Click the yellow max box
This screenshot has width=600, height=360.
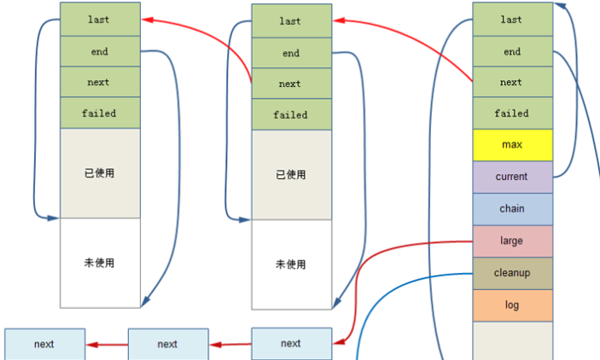click(511, 145)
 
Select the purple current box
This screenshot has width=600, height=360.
click(511, 177)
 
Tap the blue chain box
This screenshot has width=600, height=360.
click(511, 209)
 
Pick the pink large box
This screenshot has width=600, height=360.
click(511, 241)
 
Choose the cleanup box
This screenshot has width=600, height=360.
click(511, 273)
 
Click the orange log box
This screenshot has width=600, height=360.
click(511, 305)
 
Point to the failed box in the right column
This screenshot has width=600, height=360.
click(511, 113)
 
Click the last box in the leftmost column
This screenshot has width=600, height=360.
click(100, 19)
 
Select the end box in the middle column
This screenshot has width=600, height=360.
click(291, 53)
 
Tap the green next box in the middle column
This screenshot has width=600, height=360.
click(291, 84)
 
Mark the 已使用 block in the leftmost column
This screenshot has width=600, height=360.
click(100, 173)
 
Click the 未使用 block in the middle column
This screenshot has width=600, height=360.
click(291, 264)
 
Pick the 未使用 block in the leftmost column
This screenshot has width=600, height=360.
click(100, 263)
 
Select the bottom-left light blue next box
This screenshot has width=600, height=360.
click(44, 345)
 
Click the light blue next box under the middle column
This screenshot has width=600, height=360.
click(291, 343)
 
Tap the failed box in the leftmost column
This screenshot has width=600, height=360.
click(100, 113)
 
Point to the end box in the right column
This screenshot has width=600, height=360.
click(511, 52)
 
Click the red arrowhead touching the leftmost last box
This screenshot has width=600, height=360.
click(146, 19)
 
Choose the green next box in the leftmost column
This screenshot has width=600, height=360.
click(100, 83)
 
